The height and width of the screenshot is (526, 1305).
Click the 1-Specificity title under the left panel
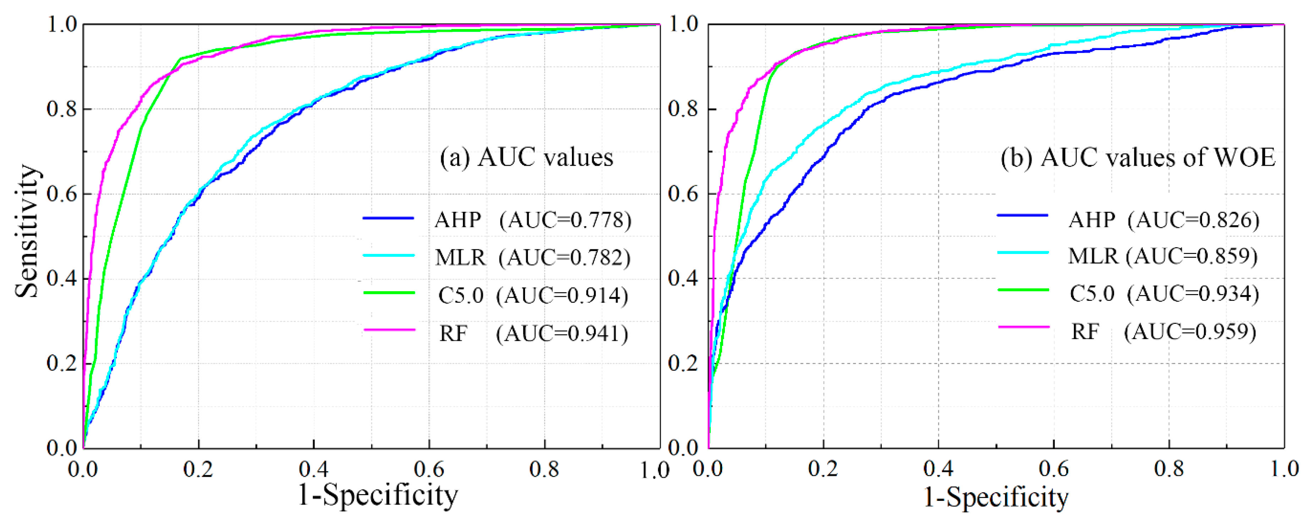click(x=377, y=495)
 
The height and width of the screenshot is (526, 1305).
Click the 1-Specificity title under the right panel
click(x=996, y=497)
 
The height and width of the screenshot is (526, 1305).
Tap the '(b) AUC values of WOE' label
click(x=1137, y=157)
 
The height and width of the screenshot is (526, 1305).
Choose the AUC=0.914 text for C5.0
click(x=562, y=295)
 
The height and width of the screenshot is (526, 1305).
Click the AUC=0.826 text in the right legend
click(x=1194, y=220)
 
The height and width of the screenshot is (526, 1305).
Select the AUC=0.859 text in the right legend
click(x=1191, y=256)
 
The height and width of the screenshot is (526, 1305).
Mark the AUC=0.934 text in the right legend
click(x=1193, y=294)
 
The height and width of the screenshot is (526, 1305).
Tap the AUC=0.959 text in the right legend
click(x=1190, y=332)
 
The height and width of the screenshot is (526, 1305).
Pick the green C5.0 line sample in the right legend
click(x=1023, y=289)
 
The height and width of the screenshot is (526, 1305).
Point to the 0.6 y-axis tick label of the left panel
click(x=62, y=194)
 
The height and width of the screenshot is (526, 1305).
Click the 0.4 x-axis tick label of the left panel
click(x=313, y=469)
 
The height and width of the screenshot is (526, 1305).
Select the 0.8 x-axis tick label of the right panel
click(x=1169, y=469)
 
